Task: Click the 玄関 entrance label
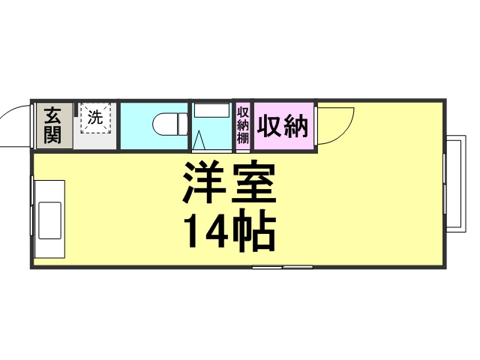52,125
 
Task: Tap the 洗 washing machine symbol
95,118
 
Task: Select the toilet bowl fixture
170,124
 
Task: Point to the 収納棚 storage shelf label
243,125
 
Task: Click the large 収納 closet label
282,126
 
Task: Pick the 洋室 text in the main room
229,183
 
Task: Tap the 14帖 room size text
229,229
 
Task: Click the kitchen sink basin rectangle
49,220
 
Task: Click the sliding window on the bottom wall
283,267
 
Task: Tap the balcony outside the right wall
456,184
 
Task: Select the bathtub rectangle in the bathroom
211,110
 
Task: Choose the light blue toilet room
154,126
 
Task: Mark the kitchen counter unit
49,219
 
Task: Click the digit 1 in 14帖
193,230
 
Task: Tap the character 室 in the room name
253,183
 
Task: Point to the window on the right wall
444,184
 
